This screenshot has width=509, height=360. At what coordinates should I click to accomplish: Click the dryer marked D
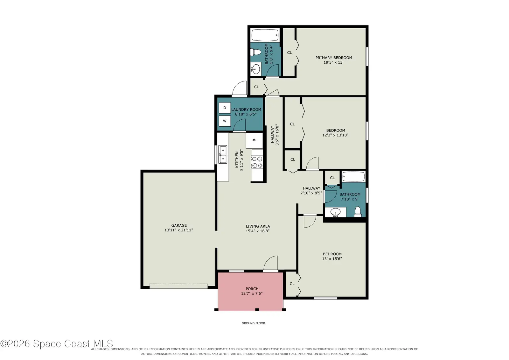click(x=225, y=108)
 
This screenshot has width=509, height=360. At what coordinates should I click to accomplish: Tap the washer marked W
click(x=225, y=121)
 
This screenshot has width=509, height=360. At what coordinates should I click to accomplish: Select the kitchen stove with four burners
click(x=257, y=162)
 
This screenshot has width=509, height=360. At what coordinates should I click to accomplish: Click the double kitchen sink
click(x=223, y=155)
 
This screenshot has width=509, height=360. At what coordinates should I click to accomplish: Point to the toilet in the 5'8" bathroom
click(x=256, y=52)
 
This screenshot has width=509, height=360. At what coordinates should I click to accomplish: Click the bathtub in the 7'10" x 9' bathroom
click(x=353, y=177)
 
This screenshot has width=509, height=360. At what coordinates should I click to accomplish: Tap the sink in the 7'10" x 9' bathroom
click(x=336, y=212)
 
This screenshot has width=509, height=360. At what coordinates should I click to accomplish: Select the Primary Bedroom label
click(x=334, y=58)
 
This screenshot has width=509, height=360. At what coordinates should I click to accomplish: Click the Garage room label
click(x=179, y=225)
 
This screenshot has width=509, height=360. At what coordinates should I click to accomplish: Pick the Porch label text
click(x=252, y=289)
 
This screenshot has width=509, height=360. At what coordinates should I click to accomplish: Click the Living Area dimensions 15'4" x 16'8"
click(x=258, y=231)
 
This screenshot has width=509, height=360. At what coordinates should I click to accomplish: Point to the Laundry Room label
click(x=246, y=109)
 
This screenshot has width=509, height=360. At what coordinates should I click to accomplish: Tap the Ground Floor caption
click(x=253, y=323)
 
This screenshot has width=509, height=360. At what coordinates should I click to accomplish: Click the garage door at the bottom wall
click(x=178, y=286)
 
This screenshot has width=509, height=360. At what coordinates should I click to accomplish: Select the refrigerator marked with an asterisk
click(x=254, y=140)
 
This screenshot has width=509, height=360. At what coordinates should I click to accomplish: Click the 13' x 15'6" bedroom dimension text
click(x=332, y=258)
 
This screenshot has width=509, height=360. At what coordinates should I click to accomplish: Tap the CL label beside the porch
click(x=292, y=284)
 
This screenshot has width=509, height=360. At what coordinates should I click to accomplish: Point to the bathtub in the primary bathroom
click(x=265, y=35)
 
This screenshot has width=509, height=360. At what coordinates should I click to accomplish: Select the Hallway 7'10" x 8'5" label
click(x=311, y=191)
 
